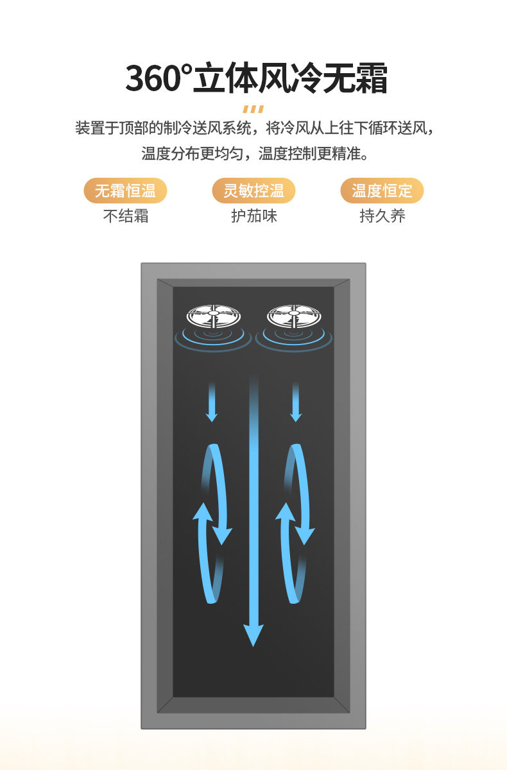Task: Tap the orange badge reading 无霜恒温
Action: point(125,191)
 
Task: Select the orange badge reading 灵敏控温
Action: point(253,191)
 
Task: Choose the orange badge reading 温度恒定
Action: point(382,191)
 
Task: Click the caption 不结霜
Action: point(126,216)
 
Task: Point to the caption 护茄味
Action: point(253,216)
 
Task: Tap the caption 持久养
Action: point(382,216)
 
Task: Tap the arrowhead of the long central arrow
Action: point(254,635)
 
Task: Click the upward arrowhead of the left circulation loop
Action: point(203,513)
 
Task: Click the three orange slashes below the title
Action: point(253,108)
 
